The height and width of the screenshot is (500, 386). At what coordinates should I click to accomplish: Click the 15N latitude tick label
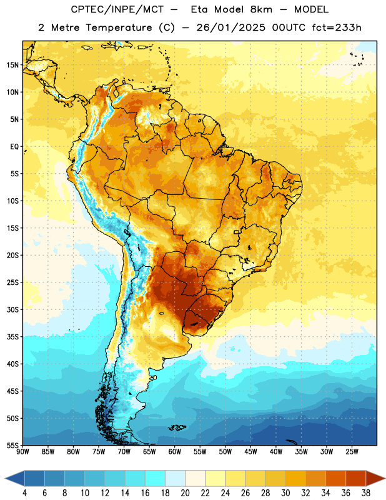click(12, 65)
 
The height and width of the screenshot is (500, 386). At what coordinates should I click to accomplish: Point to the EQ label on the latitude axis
click(14, 147)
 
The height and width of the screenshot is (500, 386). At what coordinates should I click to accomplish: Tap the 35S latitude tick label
click(12, 337)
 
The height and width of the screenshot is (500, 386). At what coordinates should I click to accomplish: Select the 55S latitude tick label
click(12, 445)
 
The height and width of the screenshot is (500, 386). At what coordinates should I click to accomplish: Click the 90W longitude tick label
click(23, 451)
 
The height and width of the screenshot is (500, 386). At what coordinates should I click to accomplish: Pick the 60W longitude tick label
click(175, 451)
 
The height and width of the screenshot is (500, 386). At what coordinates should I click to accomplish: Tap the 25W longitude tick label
click(352, 451)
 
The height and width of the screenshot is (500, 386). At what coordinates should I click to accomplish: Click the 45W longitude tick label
click(250, 451)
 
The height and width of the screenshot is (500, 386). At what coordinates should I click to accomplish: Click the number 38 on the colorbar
click(366, 493)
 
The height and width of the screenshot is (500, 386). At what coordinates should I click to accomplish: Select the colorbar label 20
click(185, 493)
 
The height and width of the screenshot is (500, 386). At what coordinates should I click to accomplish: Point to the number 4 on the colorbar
click(24, 493)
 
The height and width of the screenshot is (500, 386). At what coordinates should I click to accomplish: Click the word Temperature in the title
click(119, 27)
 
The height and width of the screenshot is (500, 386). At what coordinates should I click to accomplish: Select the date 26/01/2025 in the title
click(230, 27)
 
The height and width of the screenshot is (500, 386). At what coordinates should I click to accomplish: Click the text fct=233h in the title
click(337, 27)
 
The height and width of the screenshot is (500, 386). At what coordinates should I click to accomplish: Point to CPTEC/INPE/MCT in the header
click(117, 9)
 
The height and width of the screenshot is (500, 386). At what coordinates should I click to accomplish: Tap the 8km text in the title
click(261, 9)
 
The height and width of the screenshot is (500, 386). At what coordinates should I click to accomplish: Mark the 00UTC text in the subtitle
click(289, 27)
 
